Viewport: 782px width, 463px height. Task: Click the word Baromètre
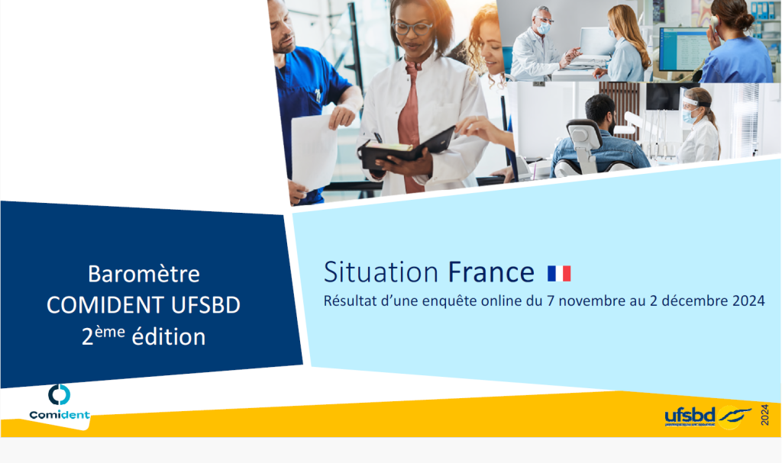(144, 274)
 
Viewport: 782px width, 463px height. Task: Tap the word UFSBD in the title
(205, 305)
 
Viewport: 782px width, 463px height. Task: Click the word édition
(169, 337)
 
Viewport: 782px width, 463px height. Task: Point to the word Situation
(381, 272)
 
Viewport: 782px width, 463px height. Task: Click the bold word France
(491, 272)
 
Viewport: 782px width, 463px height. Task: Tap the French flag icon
(559, 273)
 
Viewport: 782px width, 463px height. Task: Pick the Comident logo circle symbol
(59, 394)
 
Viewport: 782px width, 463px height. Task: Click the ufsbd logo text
(690, 416)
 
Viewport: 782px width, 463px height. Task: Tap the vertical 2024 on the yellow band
(764, 415)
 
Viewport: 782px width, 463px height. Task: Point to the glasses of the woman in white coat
(412, 27)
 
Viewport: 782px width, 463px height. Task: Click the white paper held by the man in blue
(314, 152)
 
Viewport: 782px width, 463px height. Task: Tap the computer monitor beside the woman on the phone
(685, 49)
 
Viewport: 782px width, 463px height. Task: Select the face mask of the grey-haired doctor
(544, 28)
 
